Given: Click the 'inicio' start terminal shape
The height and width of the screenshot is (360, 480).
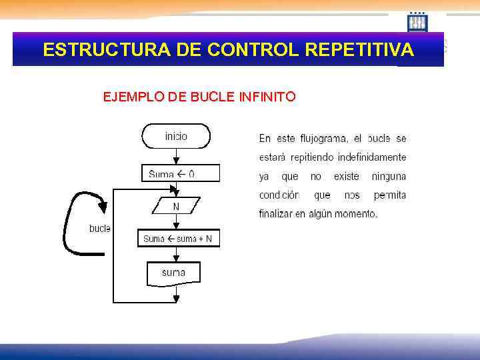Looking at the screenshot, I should point(176,136).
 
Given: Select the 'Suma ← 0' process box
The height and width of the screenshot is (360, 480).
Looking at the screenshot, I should point(176,174).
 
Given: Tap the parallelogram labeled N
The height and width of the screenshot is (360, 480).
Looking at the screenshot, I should point(176,207).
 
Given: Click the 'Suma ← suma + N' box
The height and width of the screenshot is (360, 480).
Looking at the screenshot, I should point(178,239).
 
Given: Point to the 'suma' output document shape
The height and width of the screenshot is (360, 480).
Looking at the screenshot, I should point(173,273).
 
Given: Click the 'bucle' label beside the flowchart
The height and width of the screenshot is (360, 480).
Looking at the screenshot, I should point(99,229).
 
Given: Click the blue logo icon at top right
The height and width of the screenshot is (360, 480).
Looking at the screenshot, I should point(418,23).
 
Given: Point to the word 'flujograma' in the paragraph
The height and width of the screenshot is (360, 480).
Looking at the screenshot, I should point(321,139).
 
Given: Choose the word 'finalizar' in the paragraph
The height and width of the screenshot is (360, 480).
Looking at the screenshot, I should point(275,214).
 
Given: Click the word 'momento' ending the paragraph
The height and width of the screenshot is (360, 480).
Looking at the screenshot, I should point(357,214).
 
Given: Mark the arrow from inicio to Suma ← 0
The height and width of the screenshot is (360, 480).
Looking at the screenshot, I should point(176,156).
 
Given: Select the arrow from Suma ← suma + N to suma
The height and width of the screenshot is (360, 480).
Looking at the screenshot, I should point(176,255).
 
